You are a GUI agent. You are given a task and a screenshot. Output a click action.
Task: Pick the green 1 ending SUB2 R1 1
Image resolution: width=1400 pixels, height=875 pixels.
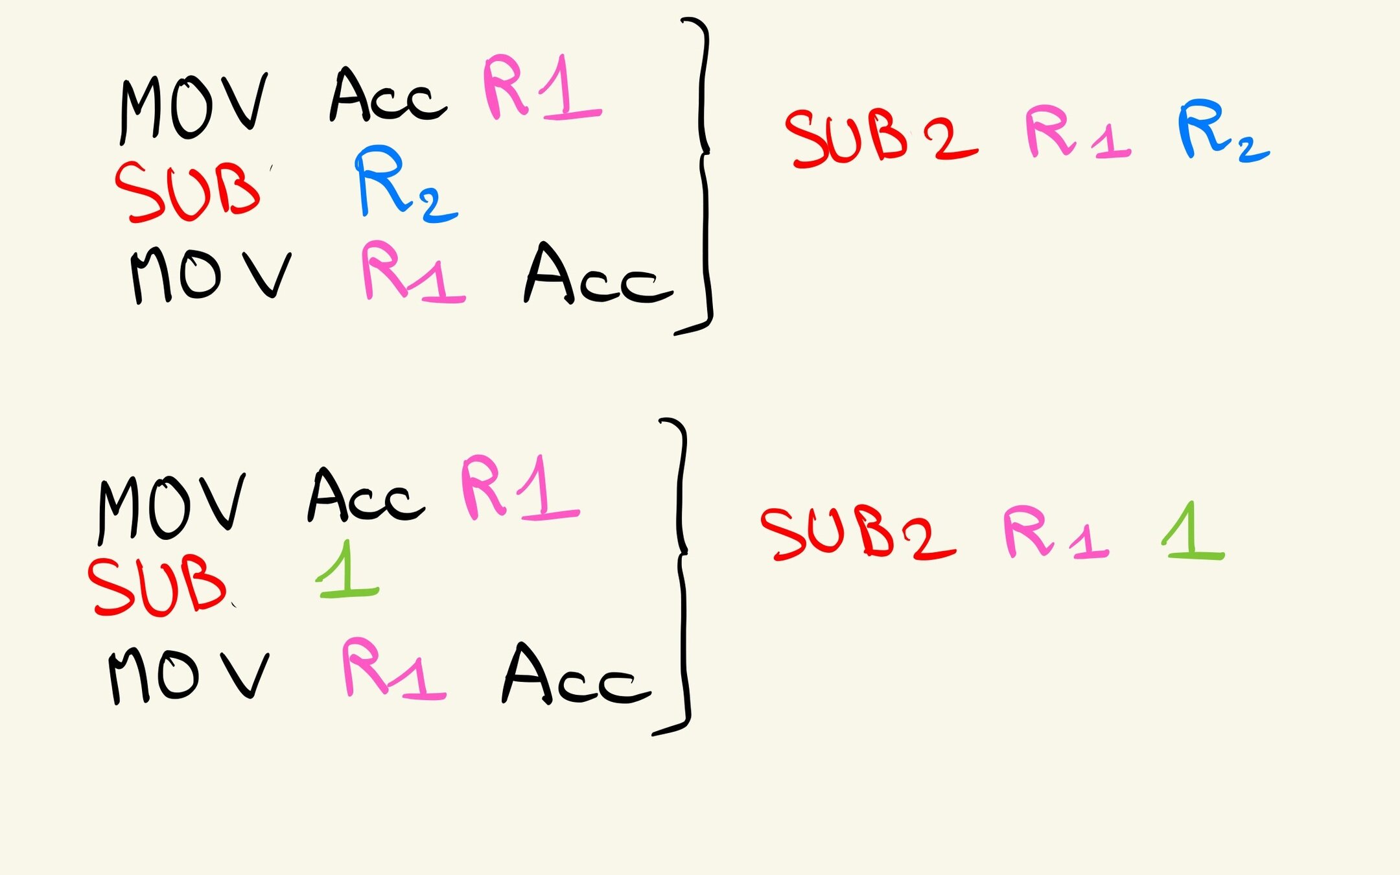[1193, 531]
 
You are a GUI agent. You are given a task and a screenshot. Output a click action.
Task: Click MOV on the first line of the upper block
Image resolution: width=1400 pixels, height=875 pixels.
[192, 107]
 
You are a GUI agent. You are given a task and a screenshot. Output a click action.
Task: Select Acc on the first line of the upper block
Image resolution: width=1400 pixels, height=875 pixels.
[388, 97]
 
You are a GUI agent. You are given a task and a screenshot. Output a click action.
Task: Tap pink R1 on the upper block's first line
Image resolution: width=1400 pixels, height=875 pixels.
[541, 87]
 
